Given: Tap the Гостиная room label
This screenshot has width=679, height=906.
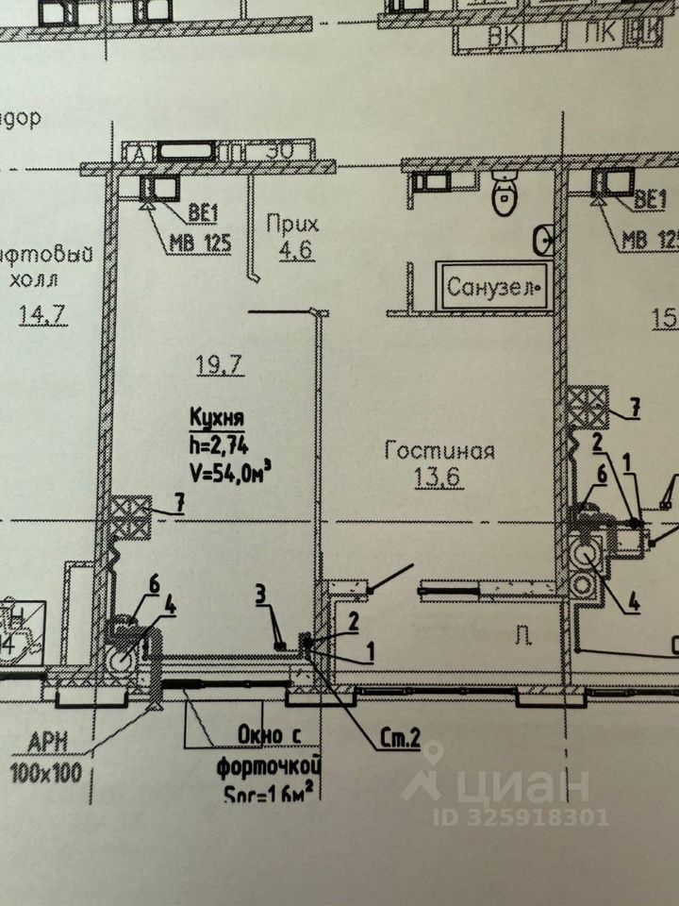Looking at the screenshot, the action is click(439, 450).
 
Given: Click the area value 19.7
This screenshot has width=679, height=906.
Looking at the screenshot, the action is click(212, 361).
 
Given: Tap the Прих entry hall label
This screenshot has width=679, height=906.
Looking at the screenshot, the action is click(291, 225).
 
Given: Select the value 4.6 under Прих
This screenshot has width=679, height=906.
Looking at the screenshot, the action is click(291, 252).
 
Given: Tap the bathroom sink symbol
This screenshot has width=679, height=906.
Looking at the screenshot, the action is click(544, 241).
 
